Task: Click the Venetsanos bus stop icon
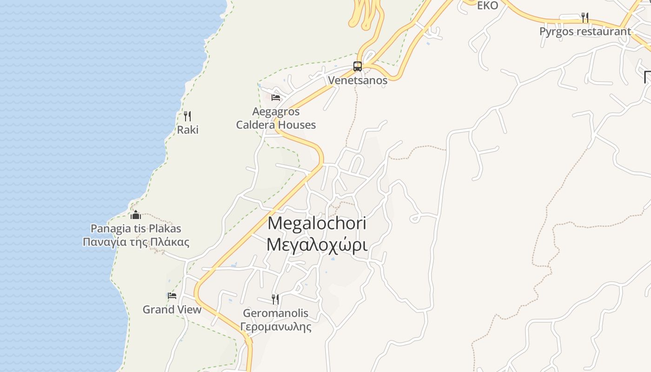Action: (357, 66)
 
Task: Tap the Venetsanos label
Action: (358, 80)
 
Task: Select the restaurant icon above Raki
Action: (187, 116)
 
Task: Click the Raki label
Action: (188, 130)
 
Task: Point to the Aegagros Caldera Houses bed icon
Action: (276, 98)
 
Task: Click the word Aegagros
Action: (276, 112)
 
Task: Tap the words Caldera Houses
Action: (276, 125)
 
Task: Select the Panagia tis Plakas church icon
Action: (136, 215)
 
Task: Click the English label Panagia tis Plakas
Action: (136, 228)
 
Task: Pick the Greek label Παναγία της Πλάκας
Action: (136, 242)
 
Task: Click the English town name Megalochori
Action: (317, 223)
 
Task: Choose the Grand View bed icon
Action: (172, 296)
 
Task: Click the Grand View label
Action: (172, 310)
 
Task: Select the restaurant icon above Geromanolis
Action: (275, 299)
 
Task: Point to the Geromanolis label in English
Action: (275, 313)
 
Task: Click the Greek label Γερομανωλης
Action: (275, 326)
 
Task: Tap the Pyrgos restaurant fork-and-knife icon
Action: (585, 18)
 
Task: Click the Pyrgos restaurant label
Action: (585, 32)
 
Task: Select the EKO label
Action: (487, 6)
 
